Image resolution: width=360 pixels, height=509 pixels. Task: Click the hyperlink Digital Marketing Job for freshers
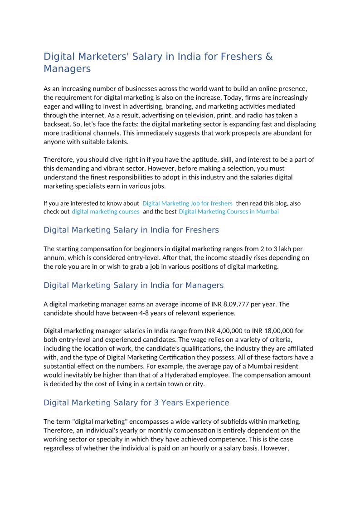pyautogui.click(x=187, y=204)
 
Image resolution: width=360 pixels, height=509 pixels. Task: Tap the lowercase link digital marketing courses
pyautogui.click(x=106, y=212)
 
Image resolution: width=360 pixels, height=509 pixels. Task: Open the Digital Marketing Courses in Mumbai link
pyautogui.click(x=229, y=212)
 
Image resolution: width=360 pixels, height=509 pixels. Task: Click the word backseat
pyautogui.click(x=57, y=124)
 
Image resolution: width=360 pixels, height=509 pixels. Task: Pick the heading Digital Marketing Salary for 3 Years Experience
pyautogui.click(x=136, y=403)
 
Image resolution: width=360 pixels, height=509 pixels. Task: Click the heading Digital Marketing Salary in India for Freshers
pyautogui.click(x=131, y=230)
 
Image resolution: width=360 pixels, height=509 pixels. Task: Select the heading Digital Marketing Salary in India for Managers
pyautogui.click(x=133, y=286)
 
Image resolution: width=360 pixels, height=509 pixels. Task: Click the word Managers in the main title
pyautogui.click(x=67, y=69)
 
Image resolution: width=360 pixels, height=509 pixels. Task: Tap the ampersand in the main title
pyautogui.click(x=269, y=57)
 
